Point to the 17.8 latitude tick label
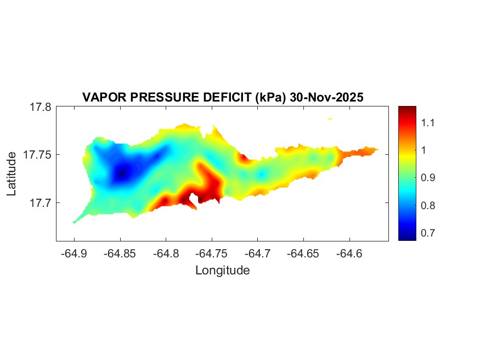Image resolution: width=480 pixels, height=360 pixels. coord(41,107)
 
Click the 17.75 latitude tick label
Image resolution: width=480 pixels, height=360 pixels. coord(38,155)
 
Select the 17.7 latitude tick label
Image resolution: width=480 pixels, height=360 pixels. coord(41,203)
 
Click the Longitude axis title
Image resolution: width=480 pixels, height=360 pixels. coord(223,270)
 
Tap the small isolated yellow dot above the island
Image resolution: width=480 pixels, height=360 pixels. coord(330,118)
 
